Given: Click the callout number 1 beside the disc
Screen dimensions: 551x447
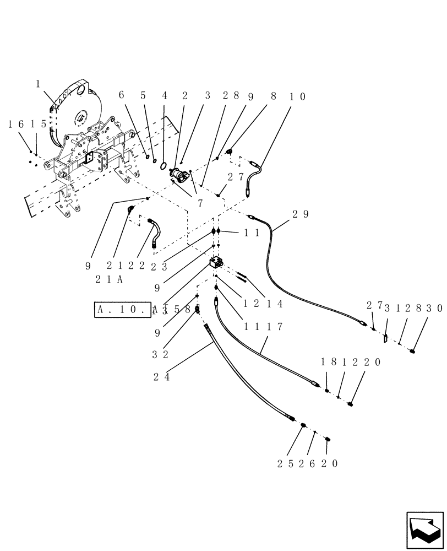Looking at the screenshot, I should tap(38, 84).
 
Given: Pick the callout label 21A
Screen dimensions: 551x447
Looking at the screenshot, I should tap(108, 279).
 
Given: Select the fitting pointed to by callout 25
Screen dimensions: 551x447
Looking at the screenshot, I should tap(303, 425).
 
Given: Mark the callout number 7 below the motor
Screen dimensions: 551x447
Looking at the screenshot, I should tap(200, 203).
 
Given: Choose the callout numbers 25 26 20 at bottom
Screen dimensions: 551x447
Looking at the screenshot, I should tap(308, 463).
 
